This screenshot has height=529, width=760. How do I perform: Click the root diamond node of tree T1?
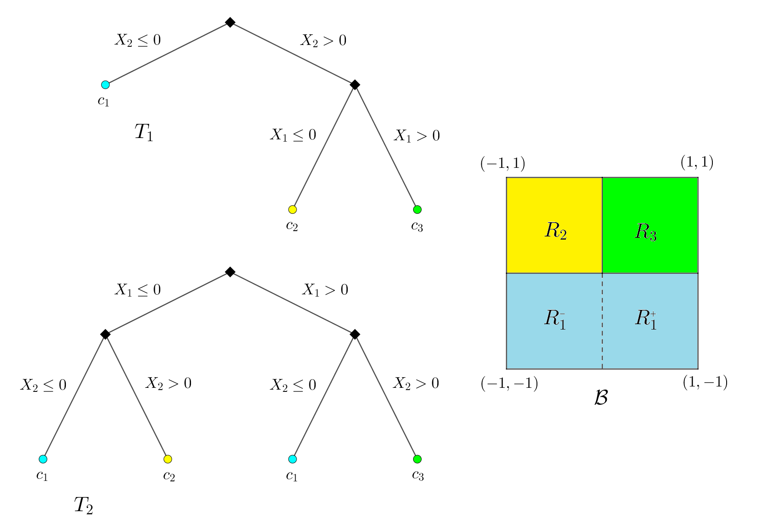click(230, 22)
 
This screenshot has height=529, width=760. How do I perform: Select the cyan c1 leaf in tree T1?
click(106, 85)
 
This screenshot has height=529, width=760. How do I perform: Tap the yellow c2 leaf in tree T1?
click(293, 209)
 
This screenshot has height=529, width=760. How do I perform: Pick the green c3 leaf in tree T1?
click(417, 209)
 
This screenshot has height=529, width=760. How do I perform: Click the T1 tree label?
click(143, 133)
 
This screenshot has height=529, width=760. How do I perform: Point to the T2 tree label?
click(83, 505)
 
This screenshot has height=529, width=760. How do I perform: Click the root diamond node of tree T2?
click(230, 272)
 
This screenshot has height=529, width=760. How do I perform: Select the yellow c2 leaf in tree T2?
click(168, 459)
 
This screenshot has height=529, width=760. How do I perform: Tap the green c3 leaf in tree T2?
click(417, 459)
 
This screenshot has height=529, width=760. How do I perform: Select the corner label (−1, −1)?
click(509, 383)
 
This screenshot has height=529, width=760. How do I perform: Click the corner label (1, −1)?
click(705, 383)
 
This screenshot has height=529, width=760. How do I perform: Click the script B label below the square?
click(601, 398)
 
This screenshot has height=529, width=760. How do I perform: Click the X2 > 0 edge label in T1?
click(323, 41)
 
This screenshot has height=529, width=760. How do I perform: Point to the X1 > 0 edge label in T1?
click(416, 136)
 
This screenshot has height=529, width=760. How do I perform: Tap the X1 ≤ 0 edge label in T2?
click(138, 290)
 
